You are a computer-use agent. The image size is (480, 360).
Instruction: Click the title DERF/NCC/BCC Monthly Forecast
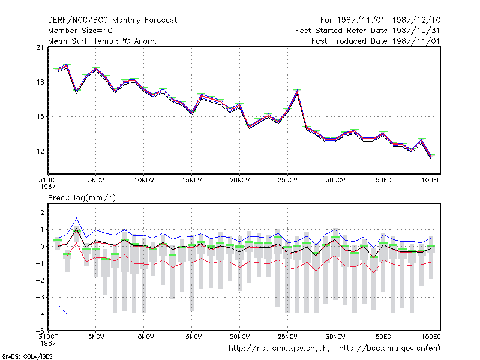(x=112, y=20)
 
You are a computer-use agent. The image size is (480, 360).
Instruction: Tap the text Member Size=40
(x=80, y=31)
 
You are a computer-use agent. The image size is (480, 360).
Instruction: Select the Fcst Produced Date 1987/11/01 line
(x=376, y=41)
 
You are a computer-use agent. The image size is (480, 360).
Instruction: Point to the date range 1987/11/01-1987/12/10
(x=389, y=20)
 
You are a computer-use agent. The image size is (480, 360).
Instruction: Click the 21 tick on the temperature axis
(x=40, y=47)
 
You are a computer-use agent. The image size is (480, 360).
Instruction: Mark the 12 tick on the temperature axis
(x=40, y=151)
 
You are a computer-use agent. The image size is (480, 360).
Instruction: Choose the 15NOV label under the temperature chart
(x=192, y=181)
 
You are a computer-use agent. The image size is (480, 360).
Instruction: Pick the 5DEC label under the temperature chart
(x=383, y=181)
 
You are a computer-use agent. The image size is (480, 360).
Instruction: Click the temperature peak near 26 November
(x=297, y=91)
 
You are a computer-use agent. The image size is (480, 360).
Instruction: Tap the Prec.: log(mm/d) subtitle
(x=82, y=198)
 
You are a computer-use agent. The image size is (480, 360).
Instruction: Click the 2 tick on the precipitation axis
(x=42, y=212)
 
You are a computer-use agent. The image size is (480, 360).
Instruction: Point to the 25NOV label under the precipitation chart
(x=287, y=337)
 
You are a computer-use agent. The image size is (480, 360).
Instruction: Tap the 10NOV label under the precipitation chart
(x=144, y=337)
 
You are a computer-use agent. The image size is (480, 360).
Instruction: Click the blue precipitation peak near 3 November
(x=77, y=218)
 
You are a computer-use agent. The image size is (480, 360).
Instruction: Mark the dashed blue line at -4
(x=249, y=314)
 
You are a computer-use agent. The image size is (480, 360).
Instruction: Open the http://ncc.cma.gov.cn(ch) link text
(x=279, y=349)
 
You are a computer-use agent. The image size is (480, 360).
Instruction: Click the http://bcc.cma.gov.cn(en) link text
(x=389, y=349)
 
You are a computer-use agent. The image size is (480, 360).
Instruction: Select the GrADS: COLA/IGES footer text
(x=27, y=356)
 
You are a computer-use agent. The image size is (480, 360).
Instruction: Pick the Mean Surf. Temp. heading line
(x=102, y=41)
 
